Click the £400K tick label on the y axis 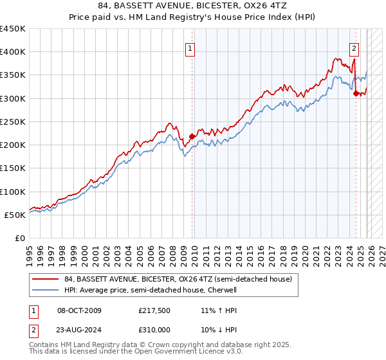coord(13,52)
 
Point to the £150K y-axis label coord(13,168)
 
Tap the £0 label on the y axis coord(19,238)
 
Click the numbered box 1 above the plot coord(191,48)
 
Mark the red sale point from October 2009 coord(192,136)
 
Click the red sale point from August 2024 coord(356,94)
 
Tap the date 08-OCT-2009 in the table coord(80,310)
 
